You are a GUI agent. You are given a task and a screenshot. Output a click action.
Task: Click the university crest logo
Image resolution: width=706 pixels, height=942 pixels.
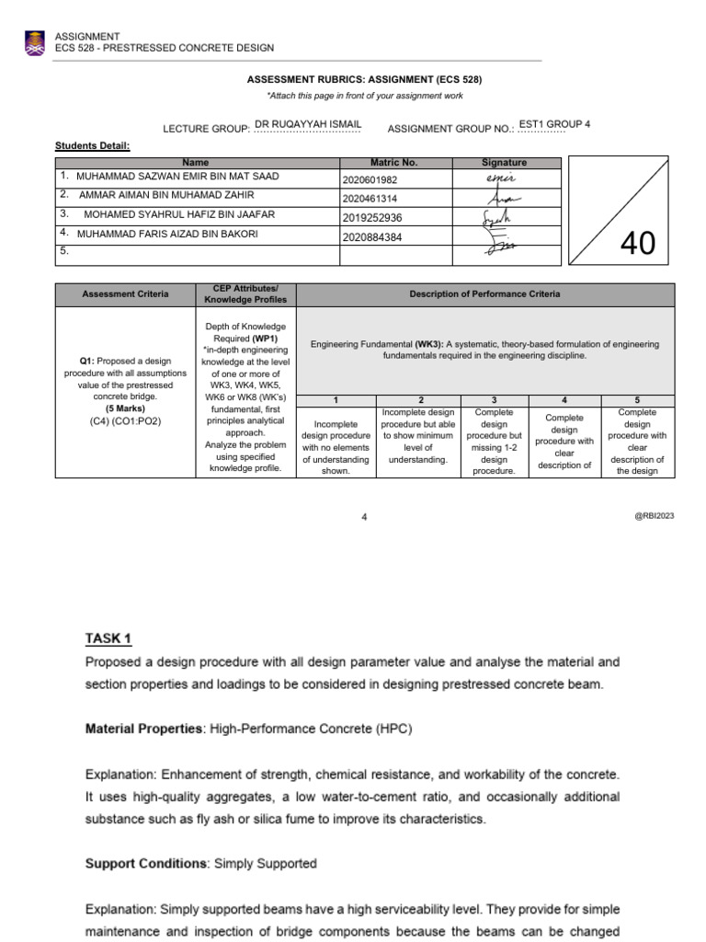(35, 42)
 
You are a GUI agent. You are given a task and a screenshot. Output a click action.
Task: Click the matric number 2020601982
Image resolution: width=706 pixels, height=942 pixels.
(370, 180)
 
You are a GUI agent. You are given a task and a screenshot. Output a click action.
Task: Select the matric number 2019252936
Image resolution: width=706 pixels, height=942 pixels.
(371, 218)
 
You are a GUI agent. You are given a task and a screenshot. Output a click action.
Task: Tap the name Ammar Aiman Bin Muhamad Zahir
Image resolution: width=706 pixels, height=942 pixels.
(166, 195)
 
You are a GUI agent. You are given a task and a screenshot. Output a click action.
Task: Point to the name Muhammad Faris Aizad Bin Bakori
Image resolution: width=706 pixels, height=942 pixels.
(167, 235)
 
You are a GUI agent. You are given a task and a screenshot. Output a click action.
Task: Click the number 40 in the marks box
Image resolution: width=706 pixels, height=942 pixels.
(638, 244)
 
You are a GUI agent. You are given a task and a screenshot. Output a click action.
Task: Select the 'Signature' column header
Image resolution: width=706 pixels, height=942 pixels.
(504, 162)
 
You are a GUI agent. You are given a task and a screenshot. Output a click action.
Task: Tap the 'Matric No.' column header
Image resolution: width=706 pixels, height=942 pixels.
(393, 162)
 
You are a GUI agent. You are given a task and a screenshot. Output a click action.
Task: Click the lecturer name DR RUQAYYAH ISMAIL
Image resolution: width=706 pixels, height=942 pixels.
(307, 123)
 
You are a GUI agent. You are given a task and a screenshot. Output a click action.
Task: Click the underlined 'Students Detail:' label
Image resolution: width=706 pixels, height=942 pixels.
(93, 145)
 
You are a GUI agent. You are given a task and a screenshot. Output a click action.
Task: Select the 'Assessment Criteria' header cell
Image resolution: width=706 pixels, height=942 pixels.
(125, 294)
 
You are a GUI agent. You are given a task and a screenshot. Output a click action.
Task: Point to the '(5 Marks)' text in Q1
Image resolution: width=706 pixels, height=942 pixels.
(125, 408)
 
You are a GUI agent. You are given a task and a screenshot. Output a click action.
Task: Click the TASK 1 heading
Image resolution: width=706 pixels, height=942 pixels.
(109, 638)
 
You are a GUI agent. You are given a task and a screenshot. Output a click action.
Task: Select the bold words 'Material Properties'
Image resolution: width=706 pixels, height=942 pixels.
(143, 729)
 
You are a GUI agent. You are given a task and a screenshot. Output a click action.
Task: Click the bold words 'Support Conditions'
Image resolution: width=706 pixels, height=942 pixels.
(145, 864)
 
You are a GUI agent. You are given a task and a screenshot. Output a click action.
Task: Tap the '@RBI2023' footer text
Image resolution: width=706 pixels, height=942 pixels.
(654, 516)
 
